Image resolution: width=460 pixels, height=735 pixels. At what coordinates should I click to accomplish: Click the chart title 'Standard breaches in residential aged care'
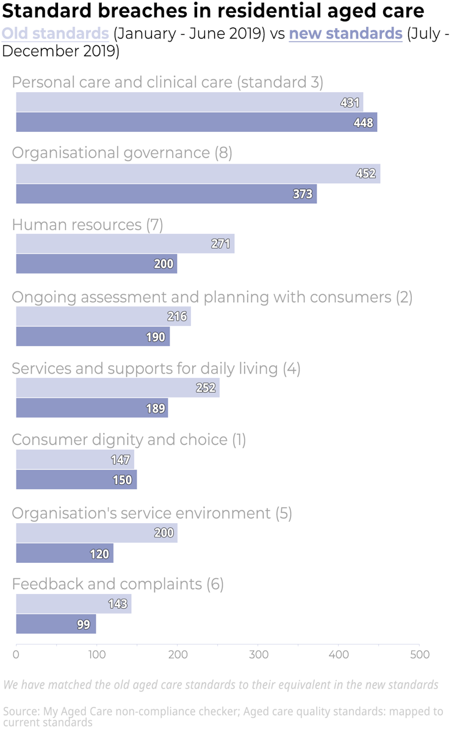point(213,12)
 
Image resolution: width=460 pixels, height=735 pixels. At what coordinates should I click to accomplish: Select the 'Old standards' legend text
point(56,34)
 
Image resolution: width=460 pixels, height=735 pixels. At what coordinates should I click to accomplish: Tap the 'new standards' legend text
point(345,34)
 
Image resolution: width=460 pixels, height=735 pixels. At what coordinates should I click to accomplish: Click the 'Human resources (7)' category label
point(87,225)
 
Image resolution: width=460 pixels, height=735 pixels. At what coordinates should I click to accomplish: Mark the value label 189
point(156,408)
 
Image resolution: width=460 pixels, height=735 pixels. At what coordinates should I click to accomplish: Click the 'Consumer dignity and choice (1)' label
point(129,440)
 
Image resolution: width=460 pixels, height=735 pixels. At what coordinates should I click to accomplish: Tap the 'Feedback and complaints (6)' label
point(118,584)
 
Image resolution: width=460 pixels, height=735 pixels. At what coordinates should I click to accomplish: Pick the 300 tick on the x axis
point(258,655)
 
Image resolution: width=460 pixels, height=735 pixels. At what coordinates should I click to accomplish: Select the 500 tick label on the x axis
point(419,655)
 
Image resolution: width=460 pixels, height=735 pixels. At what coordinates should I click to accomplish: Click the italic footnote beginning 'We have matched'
point(221,684)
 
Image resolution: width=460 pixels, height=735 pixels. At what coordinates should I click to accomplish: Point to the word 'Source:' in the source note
point(21,711)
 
